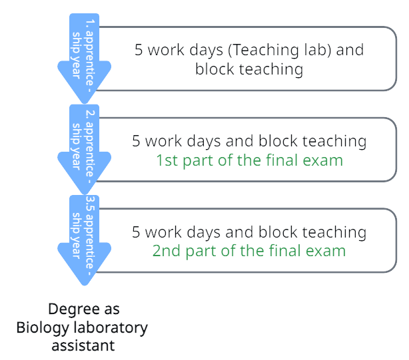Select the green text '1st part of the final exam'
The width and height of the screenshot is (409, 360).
click(249, 160)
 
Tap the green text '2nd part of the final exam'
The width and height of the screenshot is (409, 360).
click(249, 251)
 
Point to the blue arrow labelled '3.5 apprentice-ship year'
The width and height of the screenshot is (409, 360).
click(84, 240)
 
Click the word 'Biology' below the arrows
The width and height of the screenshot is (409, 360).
click(42, 328)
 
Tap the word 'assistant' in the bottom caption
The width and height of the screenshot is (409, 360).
click(83, 345)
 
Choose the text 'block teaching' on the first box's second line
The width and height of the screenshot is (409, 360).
click(249, 69)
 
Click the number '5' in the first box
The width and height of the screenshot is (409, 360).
click(139, 50)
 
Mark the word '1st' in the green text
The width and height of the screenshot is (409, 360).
click(167, 160)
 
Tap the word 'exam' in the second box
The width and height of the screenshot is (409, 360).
click(326, 160)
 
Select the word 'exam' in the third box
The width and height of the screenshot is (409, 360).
click(329, 251)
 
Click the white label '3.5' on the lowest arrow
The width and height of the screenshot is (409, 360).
click(92, 204)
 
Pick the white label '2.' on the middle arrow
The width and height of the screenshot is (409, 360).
click(92, 112)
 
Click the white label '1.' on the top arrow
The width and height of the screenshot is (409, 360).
click(92, 21)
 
